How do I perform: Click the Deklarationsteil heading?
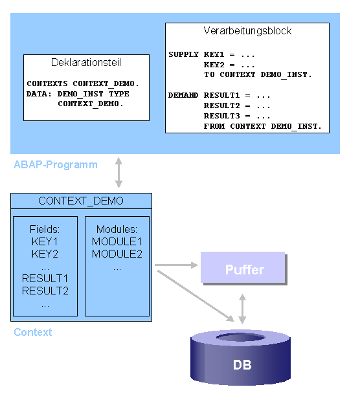86,62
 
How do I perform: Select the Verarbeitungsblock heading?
247,31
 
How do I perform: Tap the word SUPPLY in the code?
183,54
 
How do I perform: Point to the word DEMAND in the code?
183,95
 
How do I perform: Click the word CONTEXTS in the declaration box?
47,83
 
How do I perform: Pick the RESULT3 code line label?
221,116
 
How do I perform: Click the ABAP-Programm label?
56,165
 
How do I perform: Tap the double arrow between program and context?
118,172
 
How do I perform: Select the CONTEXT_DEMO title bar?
81,201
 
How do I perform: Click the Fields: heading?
45,229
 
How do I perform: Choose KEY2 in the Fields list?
45,254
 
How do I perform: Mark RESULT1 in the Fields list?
45,278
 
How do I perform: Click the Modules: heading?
117,229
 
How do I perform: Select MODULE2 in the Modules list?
117,254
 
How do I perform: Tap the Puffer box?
243,267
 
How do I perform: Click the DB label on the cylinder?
242,365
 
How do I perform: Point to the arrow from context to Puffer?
176,265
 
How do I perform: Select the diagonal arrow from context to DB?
196,296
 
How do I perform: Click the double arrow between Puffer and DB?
242,309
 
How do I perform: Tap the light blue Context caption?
33,332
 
